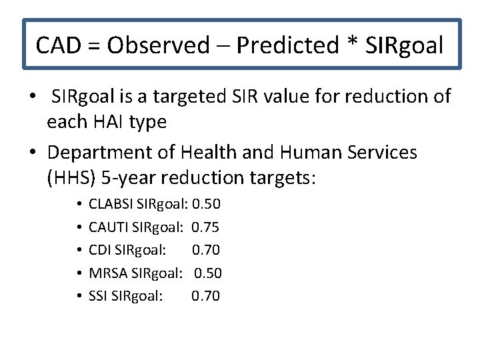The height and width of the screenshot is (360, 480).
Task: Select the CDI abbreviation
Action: pos(99,250)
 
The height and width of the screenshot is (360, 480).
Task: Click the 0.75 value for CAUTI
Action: pos(205,227)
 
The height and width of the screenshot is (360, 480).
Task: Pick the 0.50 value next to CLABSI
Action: pos(206,203)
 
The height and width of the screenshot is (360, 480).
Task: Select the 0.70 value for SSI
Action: pos(205,296)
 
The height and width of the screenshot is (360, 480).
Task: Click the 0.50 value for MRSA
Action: pos(208,273)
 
